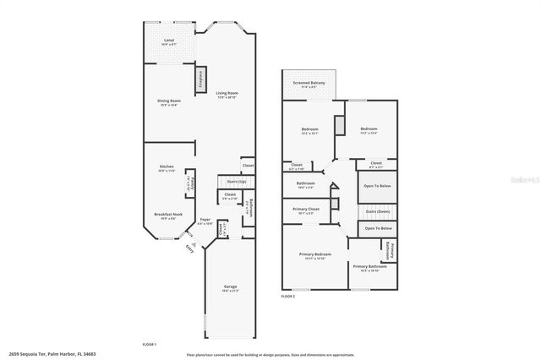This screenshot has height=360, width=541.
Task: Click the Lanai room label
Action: point(168,41)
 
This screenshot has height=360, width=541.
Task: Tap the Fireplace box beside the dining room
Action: point(200,78)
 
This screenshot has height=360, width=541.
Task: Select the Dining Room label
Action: point(169,101)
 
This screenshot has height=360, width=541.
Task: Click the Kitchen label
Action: point(167,167)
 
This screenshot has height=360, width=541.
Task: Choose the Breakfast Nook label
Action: point(167,215)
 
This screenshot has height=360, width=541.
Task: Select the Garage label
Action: point(230,286)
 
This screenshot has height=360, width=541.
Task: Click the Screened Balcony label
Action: point(309,83)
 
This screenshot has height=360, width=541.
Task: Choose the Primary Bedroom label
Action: point(314,254)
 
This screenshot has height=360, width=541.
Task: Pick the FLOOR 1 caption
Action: point(150,345)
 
